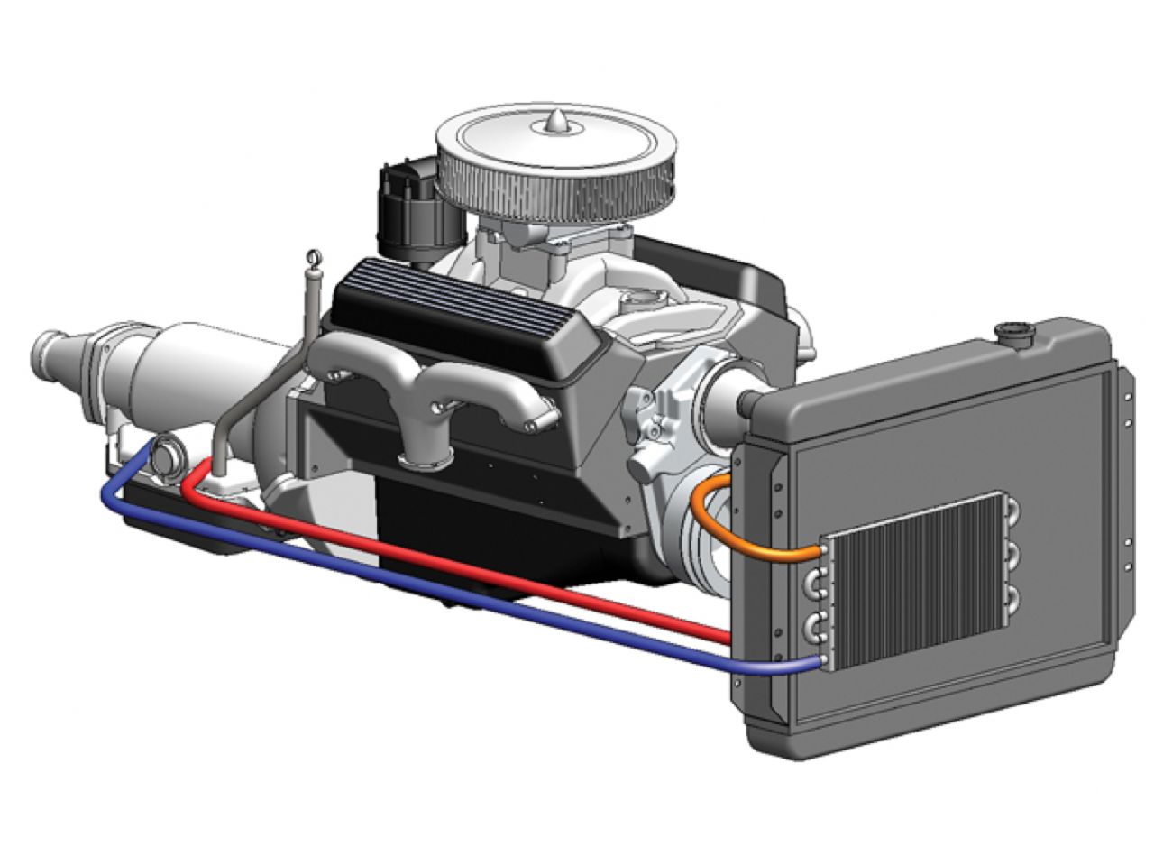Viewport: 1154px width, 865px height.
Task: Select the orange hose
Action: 721,523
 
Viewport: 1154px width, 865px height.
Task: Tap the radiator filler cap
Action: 1015,331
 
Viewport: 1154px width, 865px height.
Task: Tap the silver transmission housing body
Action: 180,370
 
